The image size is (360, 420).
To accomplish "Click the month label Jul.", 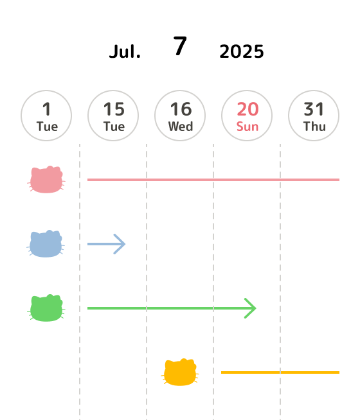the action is pyautogui.click(x=125, y=51).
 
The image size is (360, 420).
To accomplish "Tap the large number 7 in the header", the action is pyautogui.click(x=180, y=46).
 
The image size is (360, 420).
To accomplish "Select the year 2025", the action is pyautogui.click(x=242, y=51).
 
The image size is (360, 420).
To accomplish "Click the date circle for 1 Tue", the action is pyautogui.click(x=46, y=116).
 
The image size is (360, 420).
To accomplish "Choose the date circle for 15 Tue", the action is pyautogui.click(x=113, y=116).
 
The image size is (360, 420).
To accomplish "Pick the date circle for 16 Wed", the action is pyautogui.click(x=180, y=116).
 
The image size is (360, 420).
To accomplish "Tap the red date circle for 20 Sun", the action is pyautogui.click(x=247, y=116).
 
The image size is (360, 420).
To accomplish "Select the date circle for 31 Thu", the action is pyautogui.click(x=314, y=116).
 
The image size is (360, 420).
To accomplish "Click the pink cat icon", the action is pyautogui.click(x=46, y=179).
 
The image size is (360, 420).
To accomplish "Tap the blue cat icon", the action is pyautogui.click(x=46, y=244).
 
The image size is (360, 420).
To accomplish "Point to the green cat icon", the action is pyautogui.click(x=46, y=308).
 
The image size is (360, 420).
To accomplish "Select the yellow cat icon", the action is pyautogui.click(x=180, y=372).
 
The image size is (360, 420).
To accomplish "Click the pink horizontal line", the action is pyautogui.click(x=213, y=180).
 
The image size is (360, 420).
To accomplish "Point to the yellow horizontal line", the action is pyautogui.click(x=280, y=372).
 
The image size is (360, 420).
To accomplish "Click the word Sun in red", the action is pyautogui.click(x=248, y=127).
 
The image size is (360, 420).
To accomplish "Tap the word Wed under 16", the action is pyautogui.click(x=181, y=127).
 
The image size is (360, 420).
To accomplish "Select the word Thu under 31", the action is pyautogui.click(x=314, y=127).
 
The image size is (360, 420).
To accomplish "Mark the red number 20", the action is pyautogui.click(x=248, y=109).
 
